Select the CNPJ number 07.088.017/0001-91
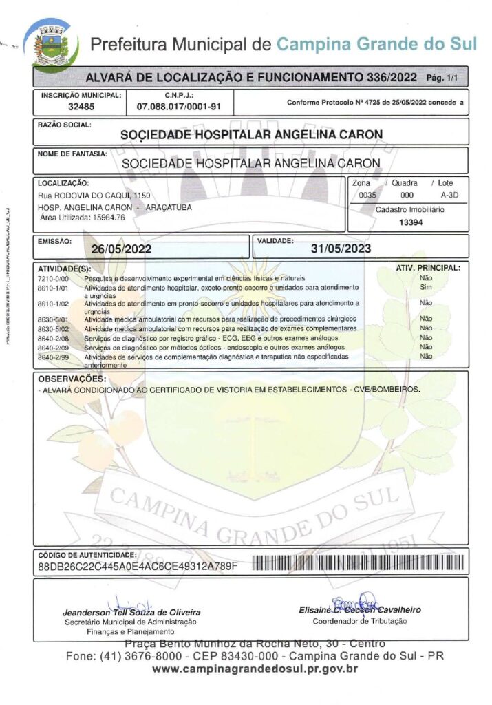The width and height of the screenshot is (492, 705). [x=179, y=107]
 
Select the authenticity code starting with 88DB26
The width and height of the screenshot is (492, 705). [x=138, y=566]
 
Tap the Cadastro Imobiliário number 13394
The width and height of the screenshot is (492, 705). [x=411, y=222]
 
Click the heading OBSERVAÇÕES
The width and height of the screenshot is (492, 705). [x=72, y=379]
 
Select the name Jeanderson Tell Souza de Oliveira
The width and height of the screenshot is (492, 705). [x=131, y=612]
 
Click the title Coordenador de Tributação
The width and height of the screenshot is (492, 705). [x=360, y=621]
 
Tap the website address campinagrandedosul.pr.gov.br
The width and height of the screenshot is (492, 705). [x=255, y=669]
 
